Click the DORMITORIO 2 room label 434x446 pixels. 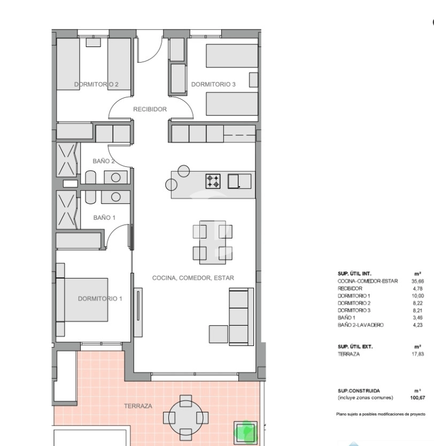point(96,84)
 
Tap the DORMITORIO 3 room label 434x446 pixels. point(213,84)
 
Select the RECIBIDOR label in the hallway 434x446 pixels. point(150,109)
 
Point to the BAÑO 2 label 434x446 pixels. point(104,162)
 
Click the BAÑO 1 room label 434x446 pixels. point(104,218)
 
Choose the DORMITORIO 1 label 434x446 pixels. point(100,298)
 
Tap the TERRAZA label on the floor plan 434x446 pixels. point(138,406)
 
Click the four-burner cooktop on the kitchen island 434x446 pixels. point(213,181)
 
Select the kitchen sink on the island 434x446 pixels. point(239,181)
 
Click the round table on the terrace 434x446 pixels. point(185,418)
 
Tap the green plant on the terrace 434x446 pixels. point(245,433)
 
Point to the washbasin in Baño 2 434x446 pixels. point(115,178)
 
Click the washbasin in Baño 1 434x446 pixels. point(115,197)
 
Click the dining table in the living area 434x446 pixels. point(213,242)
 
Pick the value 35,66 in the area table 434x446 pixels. point(417,281)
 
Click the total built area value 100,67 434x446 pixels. point(417,398)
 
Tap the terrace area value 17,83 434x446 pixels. point(417,354)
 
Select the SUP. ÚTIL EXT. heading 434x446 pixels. point(355,347)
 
